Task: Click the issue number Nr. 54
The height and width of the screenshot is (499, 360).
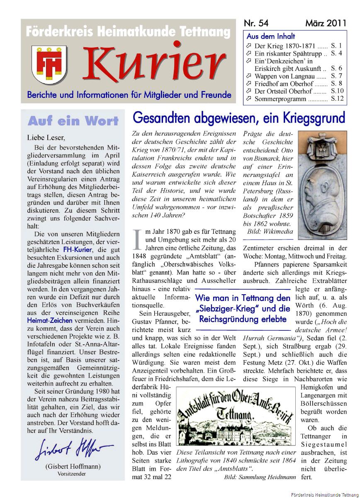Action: coord(256,23)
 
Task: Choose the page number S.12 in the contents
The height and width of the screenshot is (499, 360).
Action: coord(337,99)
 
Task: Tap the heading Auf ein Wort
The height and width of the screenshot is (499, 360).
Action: coord(73,121)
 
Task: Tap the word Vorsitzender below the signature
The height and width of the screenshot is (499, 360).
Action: coord(73,473)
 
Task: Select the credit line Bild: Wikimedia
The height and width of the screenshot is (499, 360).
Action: coord(270,232)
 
